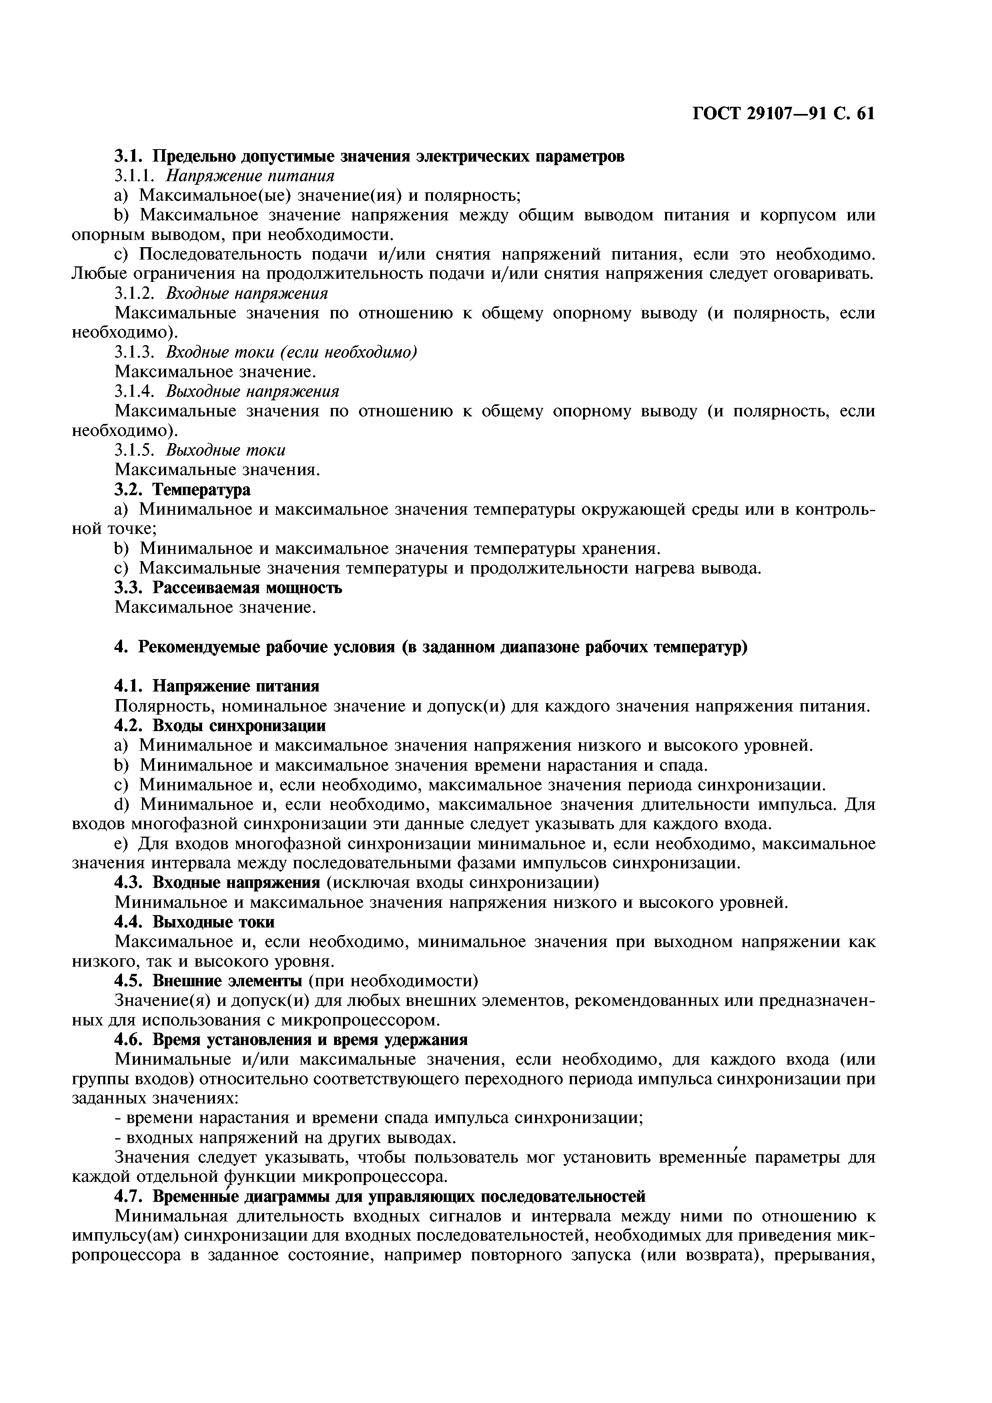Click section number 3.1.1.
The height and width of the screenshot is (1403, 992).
click(x=136, y=176)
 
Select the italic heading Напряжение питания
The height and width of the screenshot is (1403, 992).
click(x=251, y=176)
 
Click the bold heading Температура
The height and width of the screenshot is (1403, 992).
click(x=201, y=490)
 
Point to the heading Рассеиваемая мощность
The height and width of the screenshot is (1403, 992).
click(x=247, y=588)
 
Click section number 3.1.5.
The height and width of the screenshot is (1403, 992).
click(x=136, y=450)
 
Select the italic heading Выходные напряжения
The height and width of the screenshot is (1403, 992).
click(x=253, y=392)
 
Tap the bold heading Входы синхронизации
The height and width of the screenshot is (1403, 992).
click(x=238, y=725)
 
